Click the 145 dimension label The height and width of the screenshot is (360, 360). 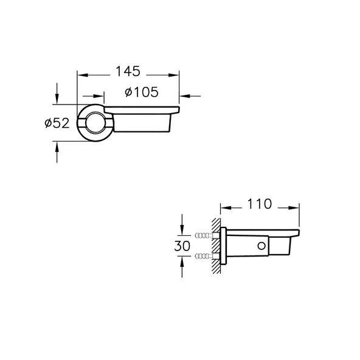point(128,71)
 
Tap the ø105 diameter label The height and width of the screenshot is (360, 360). point(142,92)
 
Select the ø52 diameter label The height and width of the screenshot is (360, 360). point(57,123)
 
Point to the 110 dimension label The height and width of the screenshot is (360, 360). point(260,204)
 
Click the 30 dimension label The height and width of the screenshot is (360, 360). point(182,246)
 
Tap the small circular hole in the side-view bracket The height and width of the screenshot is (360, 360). point(261,246)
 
